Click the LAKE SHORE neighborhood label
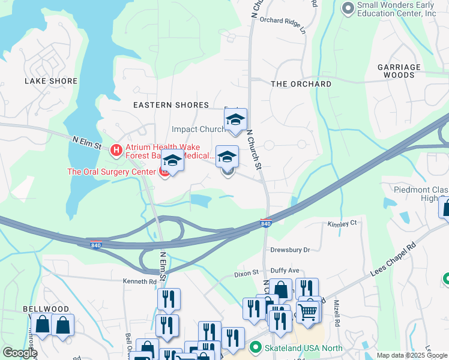51,81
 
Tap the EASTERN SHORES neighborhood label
171,105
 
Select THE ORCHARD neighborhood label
301,84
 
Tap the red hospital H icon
116,149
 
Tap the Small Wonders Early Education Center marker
348,8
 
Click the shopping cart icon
307,311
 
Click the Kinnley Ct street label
342,223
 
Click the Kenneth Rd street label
139,281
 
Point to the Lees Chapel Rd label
394,256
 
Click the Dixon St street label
246,274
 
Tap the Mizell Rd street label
337,313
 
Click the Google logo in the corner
20,353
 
